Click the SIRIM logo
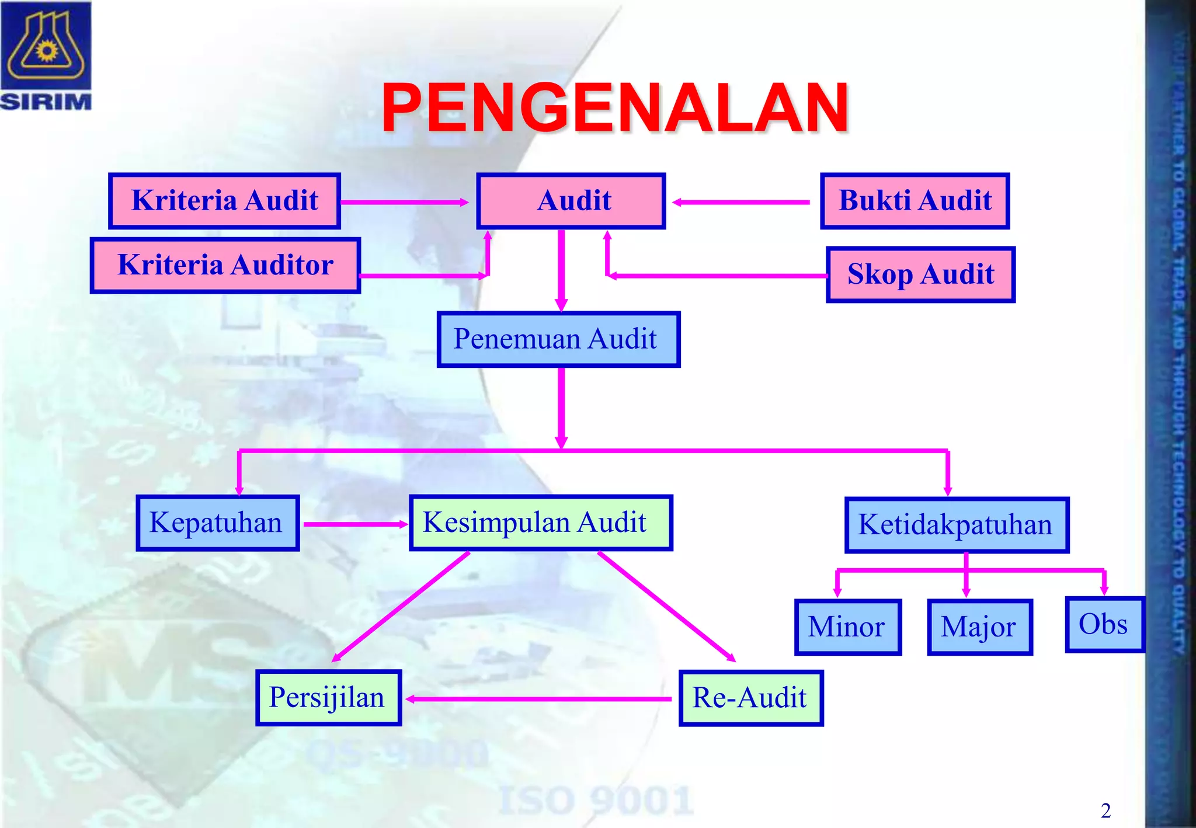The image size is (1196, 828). coord(46,56)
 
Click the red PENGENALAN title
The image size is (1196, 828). coord(614,108)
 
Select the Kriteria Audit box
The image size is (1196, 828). coord(225,201)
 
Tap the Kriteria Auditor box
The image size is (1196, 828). coord(225,265)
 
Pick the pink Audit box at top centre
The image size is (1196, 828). coord(571,201)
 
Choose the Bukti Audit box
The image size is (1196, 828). coord(915,201)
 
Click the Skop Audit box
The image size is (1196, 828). coord(920,274)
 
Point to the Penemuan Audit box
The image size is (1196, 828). coord(558,339)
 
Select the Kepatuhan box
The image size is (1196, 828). coord(217,523)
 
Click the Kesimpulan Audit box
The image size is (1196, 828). coord(541,523)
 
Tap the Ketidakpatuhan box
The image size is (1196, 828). coord(957,525)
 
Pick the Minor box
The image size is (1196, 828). coord(847,627)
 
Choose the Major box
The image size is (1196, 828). coord(979,627)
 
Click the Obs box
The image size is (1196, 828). coord(1104,624)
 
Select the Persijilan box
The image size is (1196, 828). coord(328,698)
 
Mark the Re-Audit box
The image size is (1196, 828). coord(750,698)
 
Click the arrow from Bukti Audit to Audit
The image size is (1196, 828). coord(742,203)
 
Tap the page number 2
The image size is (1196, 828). coord(1105,810)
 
